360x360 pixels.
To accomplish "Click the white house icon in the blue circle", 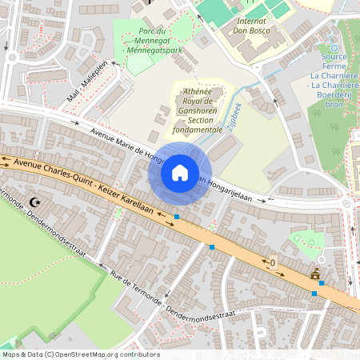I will pos(180,173).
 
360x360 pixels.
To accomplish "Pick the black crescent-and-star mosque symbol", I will pos(34,203).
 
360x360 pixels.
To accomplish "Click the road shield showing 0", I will pos(272,262).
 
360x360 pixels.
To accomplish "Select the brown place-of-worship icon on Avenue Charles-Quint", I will pos(314,276).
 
